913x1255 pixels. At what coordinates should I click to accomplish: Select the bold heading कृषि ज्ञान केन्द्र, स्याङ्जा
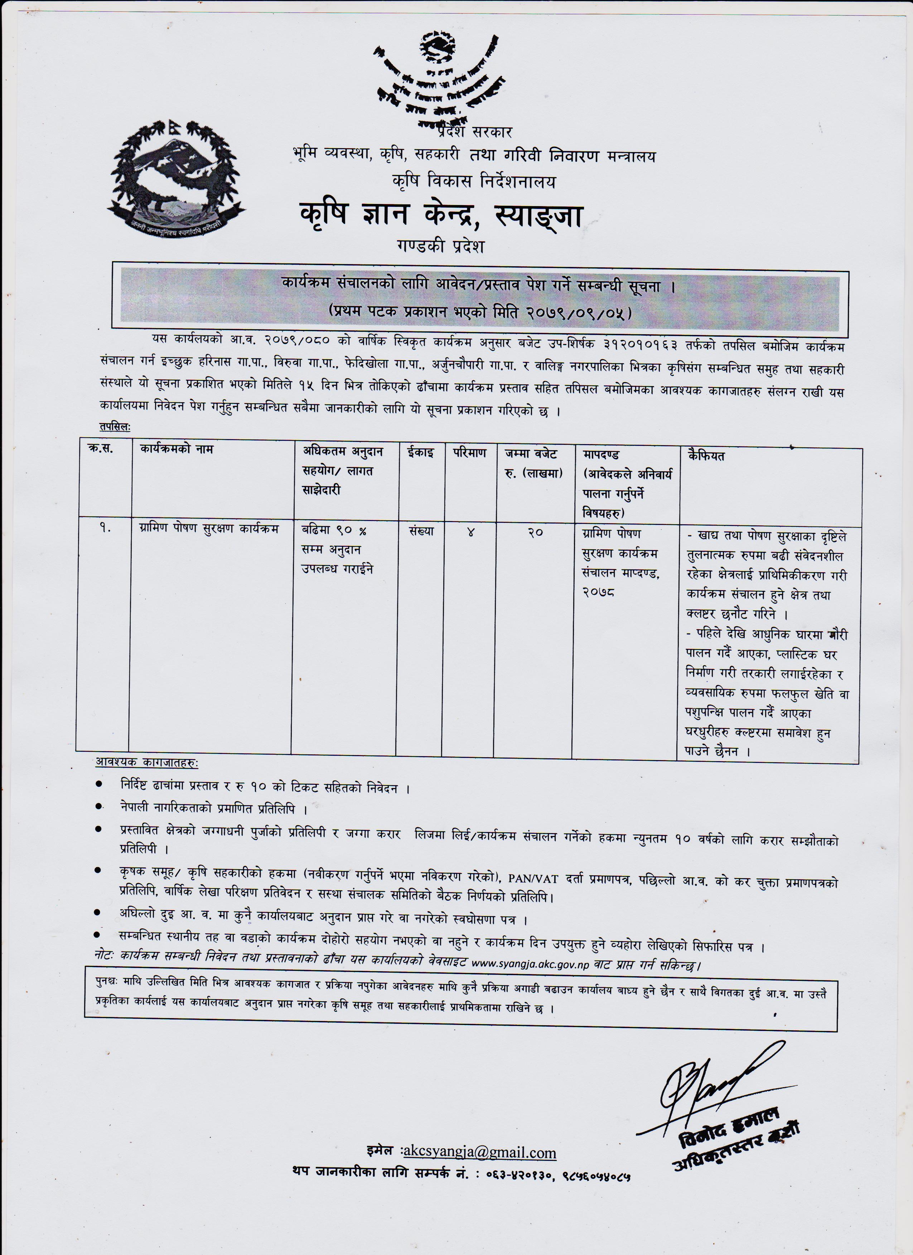pos(441,215)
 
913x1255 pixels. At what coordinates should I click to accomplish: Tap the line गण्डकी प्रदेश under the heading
pos(440,246)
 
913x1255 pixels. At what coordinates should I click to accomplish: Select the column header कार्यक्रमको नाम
pos(177,449)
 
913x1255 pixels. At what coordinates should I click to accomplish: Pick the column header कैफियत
pos(706,456)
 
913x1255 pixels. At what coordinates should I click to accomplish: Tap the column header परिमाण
pos(469,453)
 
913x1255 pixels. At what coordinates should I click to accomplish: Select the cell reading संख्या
pos(421,531)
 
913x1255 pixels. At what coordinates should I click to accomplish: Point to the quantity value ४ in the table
pos(470,533)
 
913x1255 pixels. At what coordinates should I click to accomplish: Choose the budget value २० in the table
pos(535,533)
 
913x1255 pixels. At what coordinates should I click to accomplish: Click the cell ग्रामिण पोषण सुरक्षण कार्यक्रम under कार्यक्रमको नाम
pos(209,529)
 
